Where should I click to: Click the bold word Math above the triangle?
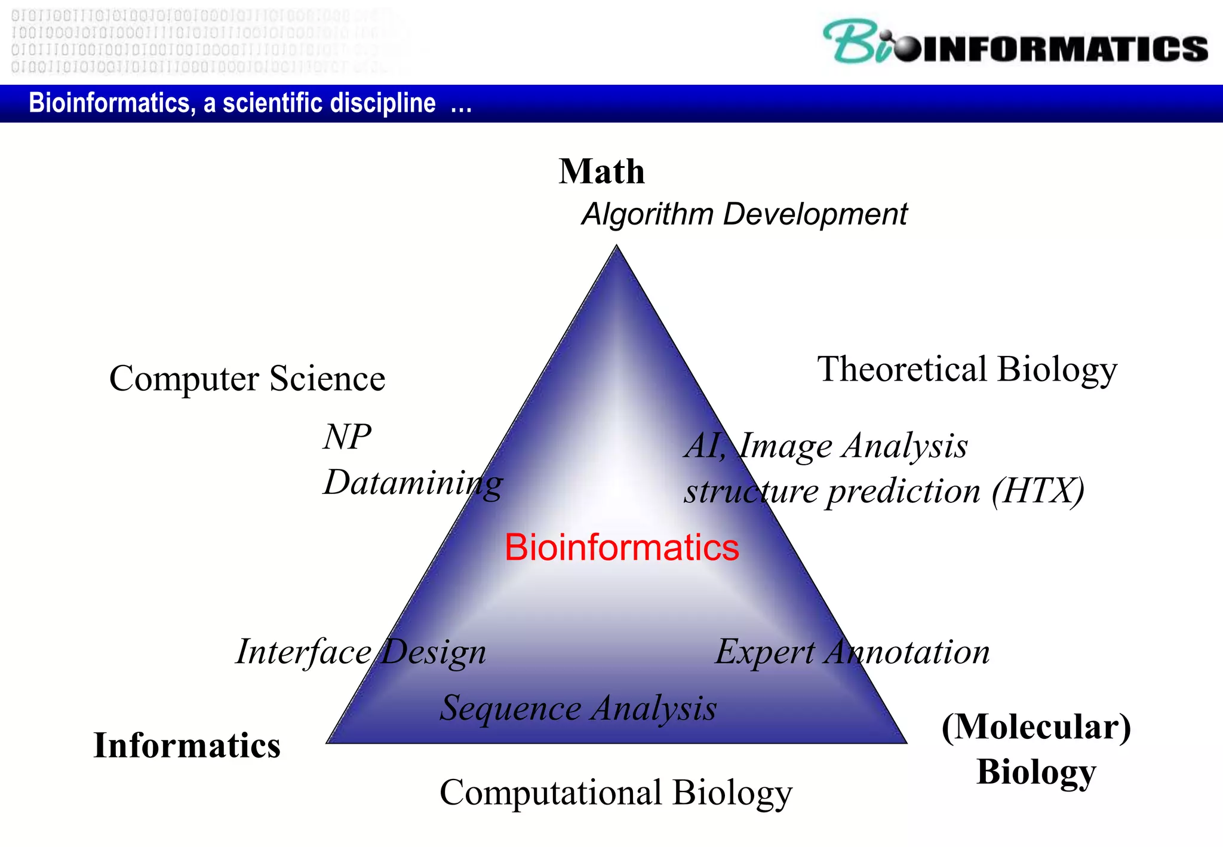click(x=601, y=172)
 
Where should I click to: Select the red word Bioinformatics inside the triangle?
click(x=622, y=547)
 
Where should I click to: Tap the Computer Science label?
click(x=247, y=379)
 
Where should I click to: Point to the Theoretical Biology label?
click(x=967, y=369)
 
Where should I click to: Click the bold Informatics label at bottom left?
click(x=187, y=745)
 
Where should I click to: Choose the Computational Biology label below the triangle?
click(x=616, y=793)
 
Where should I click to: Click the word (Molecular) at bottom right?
click(x=1036, y=728)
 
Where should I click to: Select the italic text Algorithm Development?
click(x=744, y=214)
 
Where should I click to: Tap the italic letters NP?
click(x=347, y=437)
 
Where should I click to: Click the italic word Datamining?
click(x=413, y=483)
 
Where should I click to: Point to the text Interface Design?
click(x=361, y=652)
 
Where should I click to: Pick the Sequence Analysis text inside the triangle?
click(x=578, y=708)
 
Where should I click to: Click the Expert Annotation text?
click(x=852, y=652)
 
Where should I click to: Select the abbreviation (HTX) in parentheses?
click(x=1038, y=492)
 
